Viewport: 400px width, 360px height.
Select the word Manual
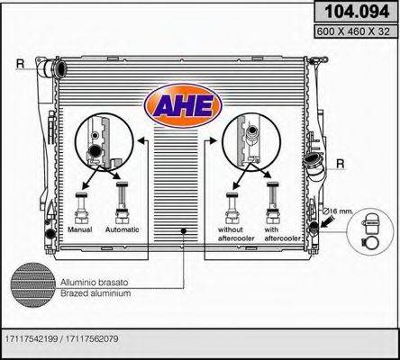coord(80,229)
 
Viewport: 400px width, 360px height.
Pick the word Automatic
coord(122,229)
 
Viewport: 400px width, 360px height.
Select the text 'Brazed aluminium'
coord(93,293)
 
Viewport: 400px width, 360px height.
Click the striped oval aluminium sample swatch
coord(33,286)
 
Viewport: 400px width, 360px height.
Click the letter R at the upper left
coord(20,62)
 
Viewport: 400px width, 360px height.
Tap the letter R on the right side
coord(340,163)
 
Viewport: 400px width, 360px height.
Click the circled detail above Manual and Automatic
coord(96,141)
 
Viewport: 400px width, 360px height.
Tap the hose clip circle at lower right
coord(370,229)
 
